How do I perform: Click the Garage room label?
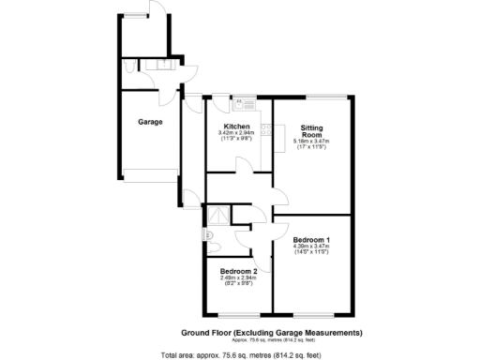(150, 122)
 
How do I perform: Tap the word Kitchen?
(235, 127)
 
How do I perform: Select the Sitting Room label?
(312, 131)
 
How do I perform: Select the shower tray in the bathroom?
(217, 214)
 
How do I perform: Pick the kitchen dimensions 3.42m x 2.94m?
(235, 134)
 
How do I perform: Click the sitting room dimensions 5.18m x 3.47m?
(312, 142)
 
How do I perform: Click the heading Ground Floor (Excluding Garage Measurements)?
(271, 333)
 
